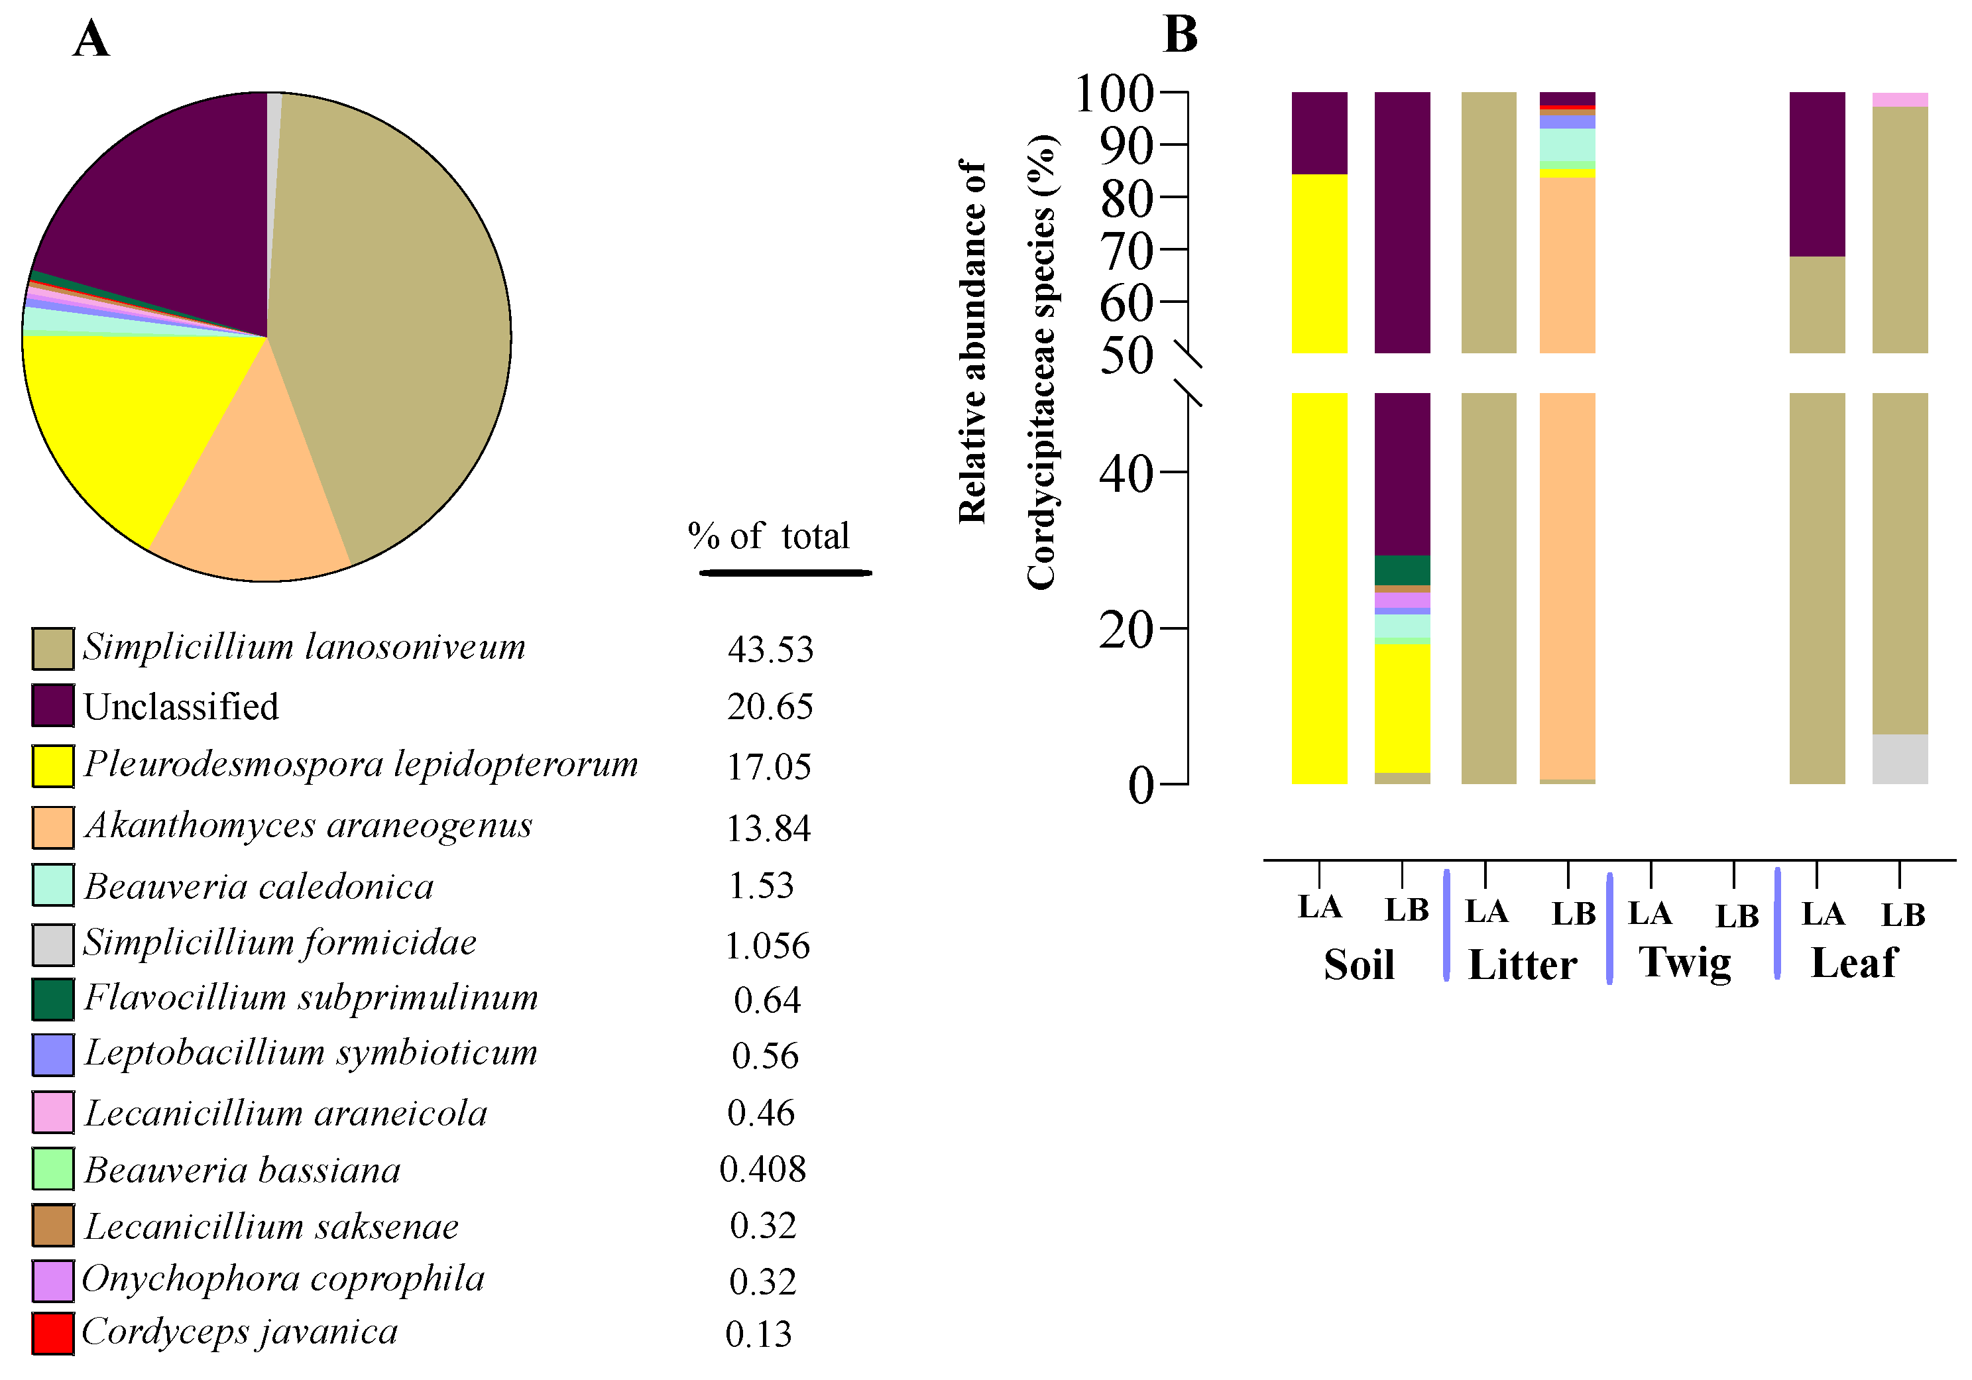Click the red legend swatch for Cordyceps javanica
pos(52,1333)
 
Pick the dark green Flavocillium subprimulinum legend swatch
pos(52,999)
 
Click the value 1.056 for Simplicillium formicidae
pos(767,945)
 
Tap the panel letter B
pos(1179,35)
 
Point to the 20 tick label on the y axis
pos(1125,630)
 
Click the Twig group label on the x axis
pos(1684,962)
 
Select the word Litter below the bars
pos(1522,964)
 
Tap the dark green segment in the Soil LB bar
pos(1402,570)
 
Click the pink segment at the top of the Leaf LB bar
pos(1900,99)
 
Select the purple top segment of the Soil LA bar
pos(1319,133)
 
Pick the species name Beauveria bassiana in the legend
pos(242,1170)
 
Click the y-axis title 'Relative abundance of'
pos(972,342)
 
